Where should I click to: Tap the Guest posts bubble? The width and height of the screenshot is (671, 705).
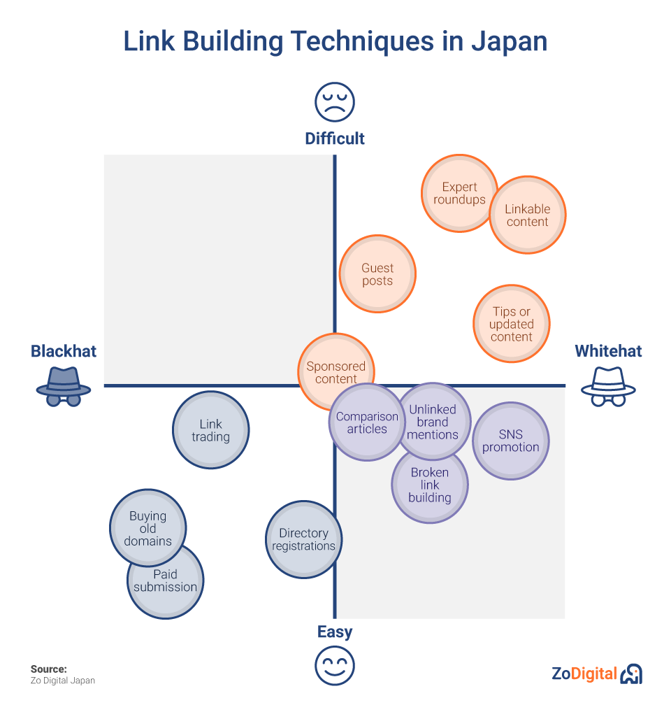click(x=377, y=274)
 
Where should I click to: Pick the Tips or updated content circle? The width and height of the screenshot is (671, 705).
click(x=512, y=324)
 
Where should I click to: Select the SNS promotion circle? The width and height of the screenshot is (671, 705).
click(x=511, y=441)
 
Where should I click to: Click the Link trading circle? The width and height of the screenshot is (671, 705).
click(x=210, y=430)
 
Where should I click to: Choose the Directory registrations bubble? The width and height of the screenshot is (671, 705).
click(x=303, y=539)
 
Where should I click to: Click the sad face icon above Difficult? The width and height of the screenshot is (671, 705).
click(x=335, y=102)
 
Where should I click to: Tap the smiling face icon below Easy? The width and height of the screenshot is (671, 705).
click(x=335, y=665)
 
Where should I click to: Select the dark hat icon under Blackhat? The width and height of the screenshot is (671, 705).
click(x=64, y=386)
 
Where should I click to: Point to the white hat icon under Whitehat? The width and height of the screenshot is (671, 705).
click(x=608, y=386)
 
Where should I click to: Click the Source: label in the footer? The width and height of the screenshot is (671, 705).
click(x=49, y=669)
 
